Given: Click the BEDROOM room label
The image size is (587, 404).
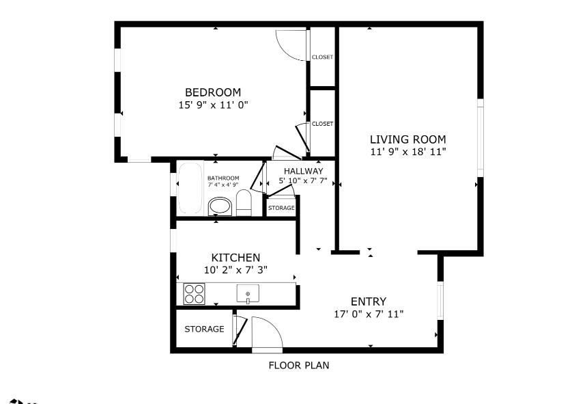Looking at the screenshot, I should point(213,92).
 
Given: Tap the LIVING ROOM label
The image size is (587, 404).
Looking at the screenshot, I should point(407,139).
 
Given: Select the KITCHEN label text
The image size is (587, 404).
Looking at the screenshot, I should point(235,258).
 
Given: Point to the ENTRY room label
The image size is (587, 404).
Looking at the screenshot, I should point(368,301).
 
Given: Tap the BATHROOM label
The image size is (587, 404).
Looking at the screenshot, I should point(223,178).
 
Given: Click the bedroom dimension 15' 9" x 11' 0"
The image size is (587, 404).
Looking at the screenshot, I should point(213,105).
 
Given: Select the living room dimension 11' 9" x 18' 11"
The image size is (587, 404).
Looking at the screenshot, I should point(407,152).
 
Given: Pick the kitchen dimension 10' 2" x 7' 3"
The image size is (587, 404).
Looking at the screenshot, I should point(235,270).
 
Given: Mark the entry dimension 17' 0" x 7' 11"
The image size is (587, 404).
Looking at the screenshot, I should point(368,314).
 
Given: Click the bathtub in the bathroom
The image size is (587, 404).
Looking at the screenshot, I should point(190,188).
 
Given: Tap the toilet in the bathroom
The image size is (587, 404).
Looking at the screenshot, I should point(244,203).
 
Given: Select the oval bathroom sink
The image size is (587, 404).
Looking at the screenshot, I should point(220,206).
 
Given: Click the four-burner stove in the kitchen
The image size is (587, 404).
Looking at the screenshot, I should point(194,294).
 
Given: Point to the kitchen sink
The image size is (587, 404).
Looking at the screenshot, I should point(248,294).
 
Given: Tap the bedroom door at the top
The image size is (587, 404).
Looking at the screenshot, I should point(292,45).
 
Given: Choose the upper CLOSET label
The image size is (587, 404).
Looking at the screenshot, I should point(322,57).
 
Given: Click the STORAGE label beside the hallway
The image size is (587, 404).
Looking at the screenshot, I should point(281,208).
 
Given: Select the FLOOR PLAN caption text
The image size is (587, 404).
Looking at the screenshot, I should point(298,366).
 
